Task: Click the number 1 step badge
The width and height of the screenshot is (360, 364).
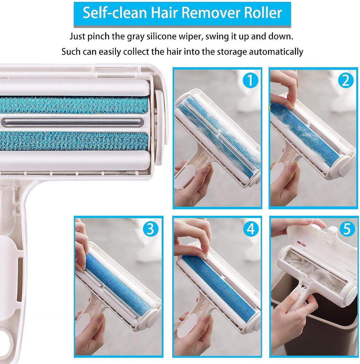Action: (250, 81)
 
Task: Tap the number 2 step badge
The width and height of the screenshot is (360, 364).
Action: (346, 81)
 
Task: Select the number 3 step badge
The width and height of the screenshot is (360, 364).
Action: (150, 229)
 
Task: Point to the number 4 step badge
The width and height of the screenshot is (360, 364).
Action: (250, 229)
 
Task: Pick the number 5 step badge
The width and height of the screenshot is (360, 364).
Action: (346, 229)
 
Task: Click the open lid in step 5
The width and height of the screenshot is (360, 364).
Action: (316, 243)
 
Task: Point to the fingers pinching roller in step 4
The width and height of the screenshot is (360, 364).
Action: (192, 243)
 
